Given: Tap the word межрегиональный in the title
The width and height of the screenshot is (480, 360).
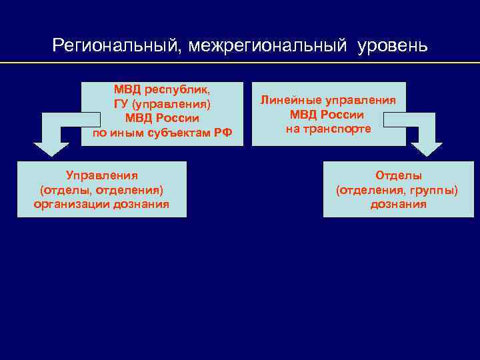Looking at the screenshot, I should point(268,46).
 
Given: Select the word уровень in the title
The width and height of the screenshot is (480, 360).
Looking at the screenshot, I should point(391,46).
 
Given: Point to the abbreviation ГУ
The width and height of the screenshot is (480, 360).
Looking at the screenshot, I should point(121,104).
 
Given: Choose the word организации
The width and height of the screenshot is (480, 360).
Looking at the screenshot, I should point(71,204).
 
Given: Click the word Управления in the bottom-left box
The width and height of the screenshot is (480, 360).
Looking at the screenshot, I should point(102,175).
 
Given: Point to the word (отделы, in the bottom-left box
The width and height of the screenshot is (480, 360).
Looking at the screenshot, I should point(63,190).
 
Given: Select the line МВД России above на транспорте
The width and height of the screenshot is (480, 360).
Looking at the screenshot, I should point(327,115).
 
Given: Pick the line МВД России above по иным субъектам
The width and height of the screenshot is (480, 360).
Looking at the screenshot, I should point(162,118).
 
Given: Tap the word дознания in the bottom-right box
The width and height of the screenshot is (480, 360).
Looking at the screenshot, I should point(399,204).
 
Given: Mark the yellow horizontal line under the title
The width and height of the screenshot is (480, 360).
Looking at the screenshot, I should point(240,63).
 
